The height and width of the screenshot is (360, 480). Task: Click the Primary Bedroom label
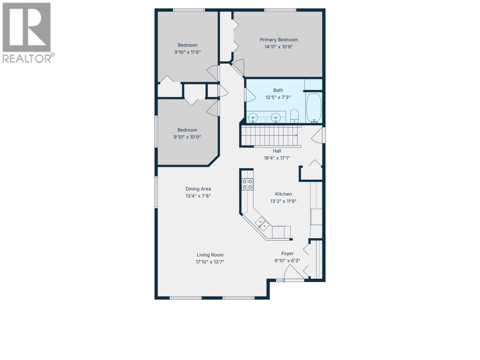279,40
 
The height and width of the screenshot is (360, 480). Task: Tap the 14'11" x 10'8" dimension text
279,47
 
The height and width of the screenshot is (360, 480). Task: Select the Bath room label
278,90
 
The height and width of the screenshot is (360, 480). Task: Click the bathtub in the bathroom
314,108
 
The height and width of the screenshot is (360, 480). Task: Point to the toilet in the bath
294,116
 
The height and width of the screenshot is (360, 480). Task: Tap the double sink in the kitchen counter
262,223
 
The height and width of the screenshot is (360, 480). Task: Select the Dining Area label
198,189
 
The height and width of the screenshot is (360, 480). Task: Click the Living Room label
210,255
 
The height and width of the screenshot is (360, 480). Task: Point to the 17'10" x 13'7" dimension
210,262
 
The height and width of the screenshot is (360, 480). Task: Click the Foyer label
287,253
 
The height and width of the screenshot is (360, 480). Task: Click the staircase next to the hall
270,136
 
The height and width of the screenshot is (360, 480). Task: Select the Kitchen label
283,194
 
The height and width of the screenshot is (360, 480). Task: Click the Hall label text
277,151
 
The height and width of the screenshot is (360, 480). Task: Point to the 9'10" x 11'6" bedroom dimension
187,52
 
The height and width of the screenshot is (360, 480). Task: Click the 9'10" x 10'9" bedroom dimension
187,137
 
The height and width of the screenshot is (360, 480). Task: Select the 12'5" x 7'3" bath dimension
278,97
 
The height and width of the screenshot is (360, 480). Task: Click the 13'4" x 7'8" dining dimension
198,196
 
